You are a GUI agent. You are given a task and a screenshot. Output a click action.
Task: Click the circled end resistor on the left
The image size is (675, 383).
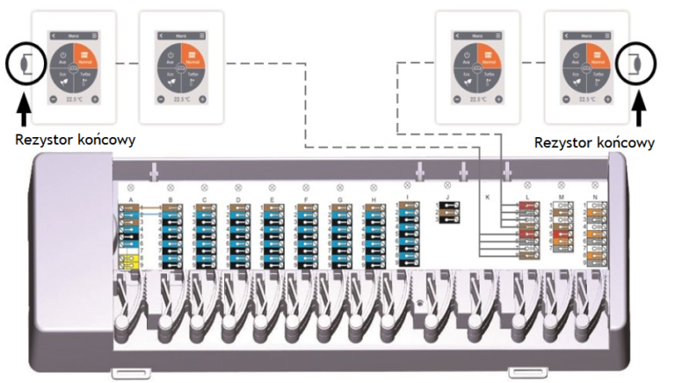[x=21, y=63]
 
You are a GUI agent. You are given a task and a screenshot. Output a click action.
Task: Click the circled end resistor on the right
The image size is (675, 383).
[x=632, y=63]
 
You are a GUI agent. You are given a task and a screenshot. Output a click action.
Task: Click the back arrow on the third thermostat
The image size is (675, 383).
[x=453, y=36]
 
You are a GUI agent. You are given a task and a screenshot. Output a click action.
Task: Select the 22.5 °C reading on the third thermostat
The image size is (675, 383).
[x=478, y=99]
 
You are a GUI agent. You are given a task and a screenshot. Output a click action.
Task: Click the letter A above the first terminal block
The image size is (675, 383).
[x=131, y=201]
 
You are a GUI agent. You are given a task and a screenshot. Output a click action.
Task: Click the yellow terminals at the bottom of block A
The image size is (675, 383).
[x=127, y=261]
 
